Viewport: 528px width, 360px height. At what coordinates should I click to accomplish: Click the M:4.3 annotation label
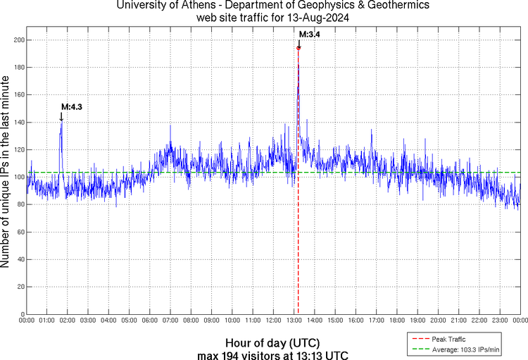coord(73,106)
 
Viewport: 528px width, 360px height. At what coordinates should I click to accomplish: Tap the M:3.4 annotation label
coord(310,34)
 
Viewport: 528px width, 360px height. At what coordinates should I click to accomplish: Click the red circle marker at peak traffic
coord(298,48)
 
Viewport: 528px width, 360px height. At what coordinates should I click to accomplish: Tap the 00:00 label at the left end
coord(27,321)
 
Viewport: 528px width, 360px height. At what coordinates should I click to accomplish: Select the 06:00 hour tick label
coord(150,321)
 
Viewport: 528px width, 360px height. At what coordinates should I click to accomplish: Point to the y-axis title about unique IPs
coord(6,173)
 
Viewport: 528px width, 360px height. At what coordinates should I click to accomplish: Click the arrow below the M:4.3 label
coord(61,116)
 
